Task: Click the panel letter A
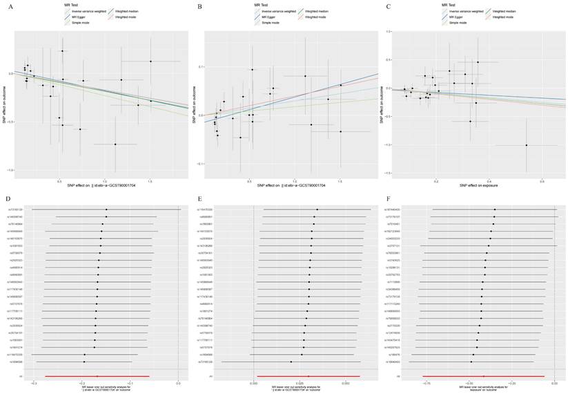coord(9,6)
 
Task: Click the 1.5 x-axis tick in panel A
coord(150,181)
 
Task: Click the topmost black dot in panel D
coord(106,209)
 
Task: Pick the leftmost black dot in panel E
coord(291,362)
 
